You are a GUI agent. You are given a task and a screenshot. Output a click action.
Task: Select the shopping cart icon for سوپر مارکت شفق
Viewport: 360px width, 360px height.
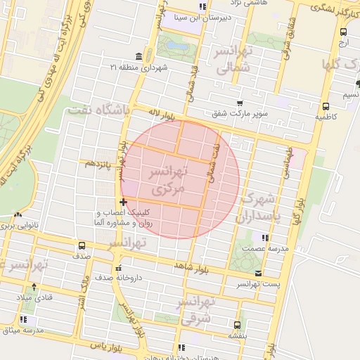click(x=240, y=102)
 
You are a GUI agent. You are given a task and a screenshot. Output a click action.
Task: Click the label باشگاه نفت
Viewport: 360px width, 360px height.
click(x=98, y=110)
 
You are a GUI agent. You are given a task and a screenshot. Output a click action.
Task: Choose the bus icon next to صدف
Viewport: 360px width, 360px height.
click(x=82, y=245)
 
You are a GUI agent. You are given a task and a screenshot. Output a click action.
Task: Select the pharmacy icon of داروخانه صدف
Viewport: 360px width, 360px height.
click(x=118, y=267)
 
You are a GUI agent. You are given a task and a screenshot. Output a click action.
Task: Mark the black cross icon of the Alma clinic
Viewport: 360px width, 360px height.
click(x=124, y=202)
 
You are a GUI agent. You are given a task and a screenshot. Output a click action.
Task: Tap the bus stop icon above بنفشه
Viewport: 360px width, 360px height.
click(x=237, y=325)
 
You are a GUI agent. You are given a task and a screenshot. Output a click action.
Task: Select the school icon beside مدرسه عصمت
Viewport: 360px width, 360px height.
click(x=265, y=238)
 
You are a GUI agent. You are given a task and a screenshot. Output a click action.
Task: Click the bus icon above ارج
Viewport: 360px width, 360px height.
click(x=343, y=32)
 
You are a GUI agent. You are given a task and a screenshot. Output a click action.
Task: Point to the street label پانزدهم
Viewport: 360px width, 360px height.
click(x=98, y=163)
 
